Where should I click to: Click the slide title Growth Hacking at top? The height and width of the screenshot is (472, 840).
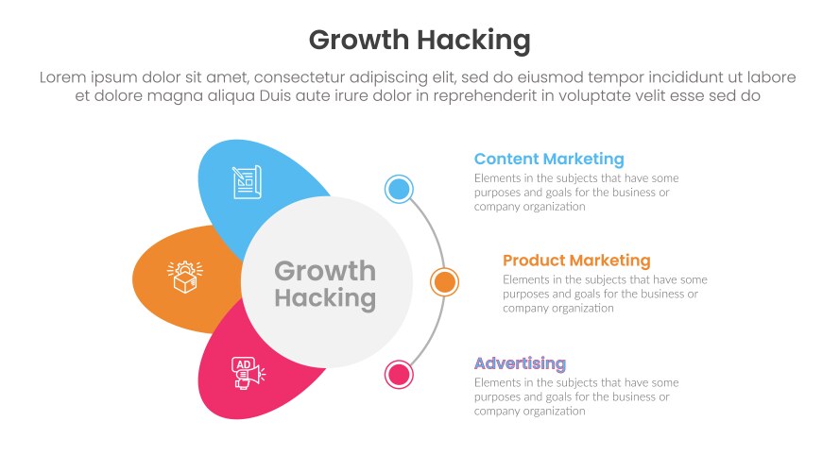(420, 41)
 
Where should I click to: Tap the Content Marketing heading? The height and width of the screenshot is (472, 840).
(549, 159)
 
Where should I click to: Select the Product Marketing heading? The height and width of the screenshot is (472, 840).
(576, 260)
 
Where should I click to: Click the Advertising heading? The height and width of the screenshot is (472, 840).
(520, 363)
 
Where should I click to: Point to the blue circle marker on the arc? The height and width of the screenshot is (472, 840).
(399, 189)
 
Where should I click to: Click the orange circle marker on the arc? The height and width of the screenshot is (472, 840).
(444, 281)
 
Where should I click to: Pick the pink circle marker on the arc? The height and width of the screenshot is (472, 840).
(399, 374)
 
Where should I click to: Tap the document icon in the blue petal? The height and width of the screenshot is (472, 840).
(246, 182)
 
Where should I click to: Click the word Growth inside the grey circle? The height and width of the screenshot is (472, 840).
(324, 271)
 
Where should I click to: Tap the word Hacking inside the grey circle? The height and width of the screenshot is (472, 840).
(324, 299)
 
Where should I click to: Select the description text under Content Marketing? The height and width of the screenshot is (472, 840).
(575, 192)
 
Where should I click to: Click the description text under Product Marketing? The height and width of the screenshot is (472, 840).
(605, 294)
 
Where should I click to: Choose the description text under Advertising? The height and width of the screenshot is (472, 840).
(575, 396)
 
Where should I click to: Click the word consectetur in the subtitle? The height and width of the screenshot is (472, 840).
(303, 77)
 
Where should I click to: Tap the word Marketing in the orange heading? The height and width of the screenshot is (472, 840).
(603, 260)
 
